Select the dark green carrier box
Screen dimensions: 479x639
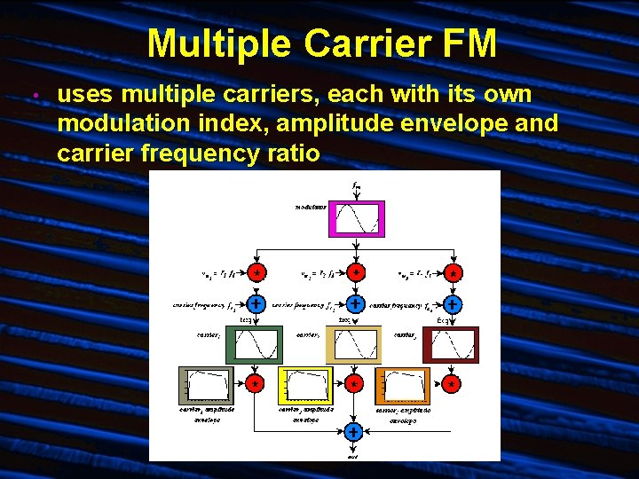coord(255,344)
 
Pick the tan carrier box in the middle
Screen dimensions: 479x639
coord(354,344)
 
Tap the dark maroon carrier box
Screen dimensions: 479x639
coord(453,344)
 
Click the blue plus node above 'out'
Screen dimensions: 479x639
coord(353,433)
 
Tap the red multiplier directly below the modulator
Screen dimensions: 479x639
coord(354,272)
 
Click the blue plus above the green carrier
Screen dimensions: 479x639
coord(255,304)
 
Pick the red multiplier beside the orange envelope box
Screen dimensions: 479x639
coord(452,385)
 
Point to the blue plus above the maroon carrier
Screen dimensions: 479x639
coord(453,304)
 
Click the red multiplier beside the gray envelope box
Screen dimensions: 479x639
coord(255,385)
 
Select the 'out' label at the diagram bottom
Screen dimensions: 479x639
coord(353,455)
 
